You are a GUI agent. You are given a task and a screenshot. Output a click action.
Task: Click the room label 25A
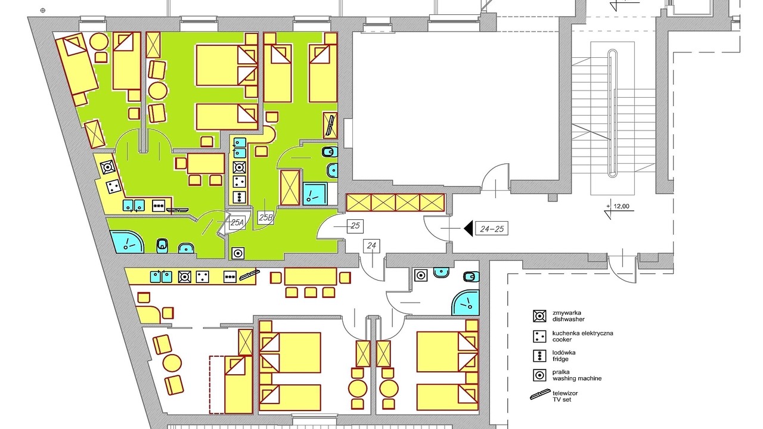coord(237,223)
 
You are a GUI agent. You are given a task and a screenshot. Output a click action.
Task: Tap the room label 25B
coord(266,217)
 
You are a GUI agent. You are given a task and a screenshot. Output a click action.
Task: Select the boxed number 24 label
coord(371,245)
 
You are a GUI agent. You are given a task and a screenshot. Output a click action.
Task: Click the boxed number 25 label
coord(355,226)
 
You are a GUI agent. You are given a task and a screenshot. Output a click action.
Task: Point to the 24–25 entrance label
coord(492,229)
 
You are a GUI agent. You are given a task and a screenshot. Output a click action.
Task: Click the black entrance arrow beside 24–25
coord(469,228)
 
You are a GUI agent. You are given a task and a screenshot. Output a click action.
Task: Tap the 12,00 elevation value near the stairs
coord(621,206)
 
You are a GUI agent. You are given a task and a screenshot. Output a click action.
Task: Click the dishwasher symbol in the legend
coord(539,316)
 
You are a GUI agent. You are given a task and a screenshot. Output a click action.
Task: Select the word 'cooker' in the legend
coord(562,340)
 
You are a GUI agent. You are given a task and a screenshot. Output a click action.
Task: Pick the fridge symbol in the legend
coord(539,356)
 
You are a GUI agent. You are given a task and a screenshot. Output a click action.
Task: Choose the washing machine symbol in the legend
coord(539,375)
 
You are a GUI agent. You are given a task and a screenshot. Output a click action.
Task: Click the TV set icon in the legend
coord(540,394)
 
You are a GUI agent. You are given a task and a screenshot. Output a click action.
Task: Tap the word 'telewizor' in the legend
coord(565,393)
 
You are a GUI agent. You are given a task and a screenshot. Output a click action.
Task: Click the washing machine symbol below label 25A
coord(238,253)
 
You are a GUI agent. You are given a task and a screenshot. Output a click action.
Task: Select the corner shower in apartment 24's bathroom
coord(466,302)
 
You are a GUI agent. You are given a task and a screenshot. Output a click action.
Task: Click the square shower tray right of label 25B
coord(315,194)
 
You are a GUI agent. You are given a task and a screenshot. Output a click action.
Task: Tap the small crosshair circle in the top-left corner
coord(42,11)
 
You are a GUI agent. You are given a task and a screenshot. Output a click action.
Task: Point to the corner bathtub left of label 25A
coord(126,242)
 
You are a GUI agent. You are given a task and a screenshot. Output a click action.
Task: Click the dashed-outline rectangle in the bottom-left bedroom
coord(217,385)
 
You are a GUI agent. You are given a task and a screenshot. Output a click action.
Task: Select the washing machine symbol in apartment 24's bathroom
coord(421,275)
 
